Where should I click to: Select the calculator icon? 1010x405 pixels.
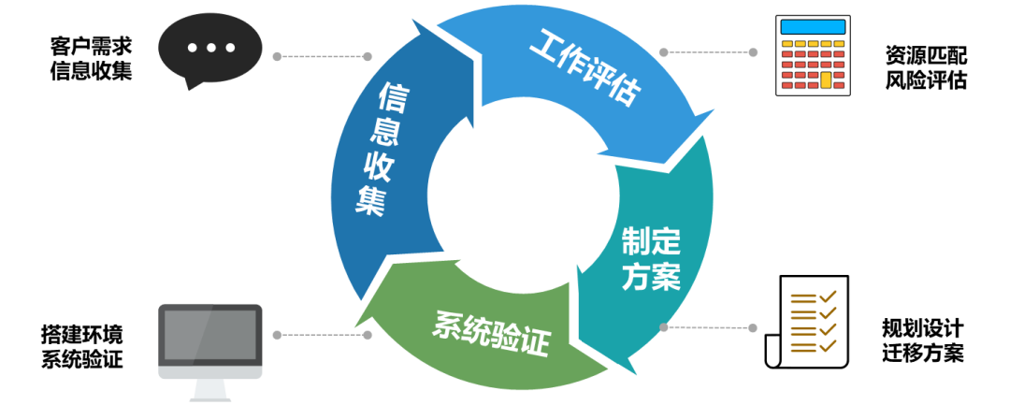click(x=813, y=55)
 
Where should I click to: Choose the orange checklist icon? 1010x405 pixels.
click(x=813, y=323)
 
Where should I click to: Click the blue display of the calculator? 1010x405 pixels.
click(x=813, y=25)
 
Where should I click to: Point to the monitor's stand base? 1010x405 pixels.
click(x=210, y=394)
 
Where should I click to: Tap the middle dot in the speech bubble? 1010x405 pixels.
click(x=210, y=47)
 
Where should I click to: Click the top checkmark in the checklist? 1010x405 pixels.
click(x=827, y=297)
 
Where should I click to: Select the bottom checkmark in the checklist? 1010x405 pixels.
click(x=827, y=346)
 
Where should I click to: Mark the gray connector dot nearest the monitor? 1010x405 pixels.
click(x=277, y=334)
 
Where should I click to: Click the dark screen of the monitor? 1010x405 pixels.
click(x=210, y=334)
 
